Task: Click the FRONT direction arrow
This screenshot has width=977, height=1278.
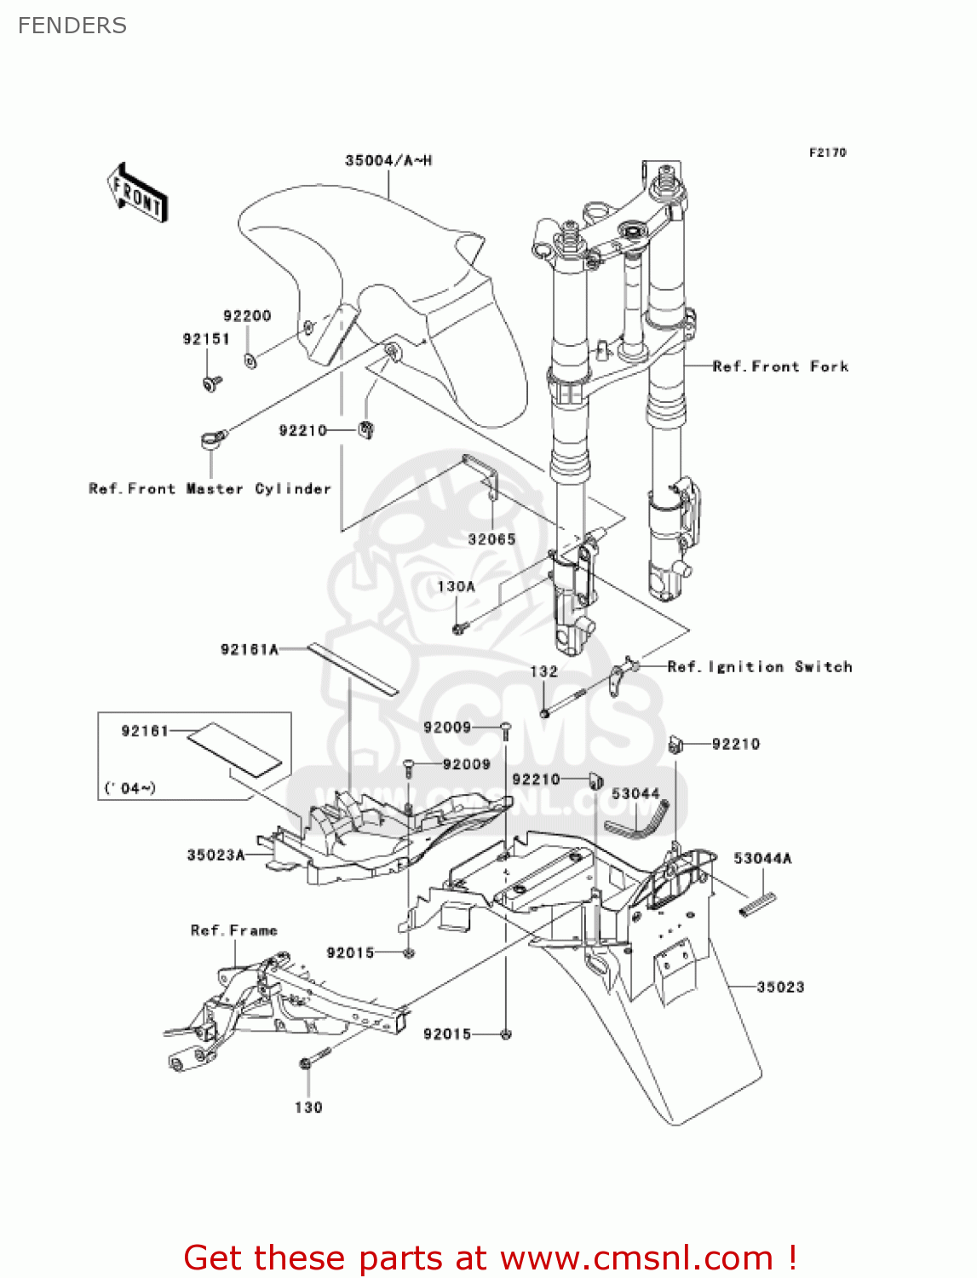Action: [x=137, y=193]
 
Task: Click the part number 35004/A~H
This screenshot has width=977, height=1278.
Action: [x=388, y=160]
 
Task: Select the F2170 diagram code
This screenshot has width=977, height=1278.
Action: [x=827, y=153]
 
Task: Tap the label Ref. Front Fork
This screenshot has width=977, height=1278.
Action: [x=780, y=366]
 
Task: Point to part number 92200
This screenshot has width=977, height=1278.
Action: [x=247, y=316]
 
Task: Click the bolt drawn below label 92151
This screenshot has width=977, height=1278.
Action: [x=211, y=383]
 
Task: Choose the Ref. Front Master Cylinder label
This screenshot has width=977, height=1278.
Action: [x=210, y=489]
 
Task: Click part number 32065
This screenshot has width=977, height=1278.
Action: [x=491, y=539]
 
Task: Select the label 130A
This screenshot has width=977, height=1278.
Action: [x=456, y=587]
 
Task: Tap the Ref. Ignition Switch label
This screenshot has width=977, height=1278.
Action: [x=760, y=667]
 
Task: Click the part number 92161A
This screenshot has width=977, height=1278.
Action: [x=250, y=650]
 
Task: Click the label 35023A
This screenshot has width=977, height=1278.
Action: [x=216, y=855]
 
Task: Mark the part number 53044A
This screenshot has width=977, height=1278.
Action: [x=762, y=859]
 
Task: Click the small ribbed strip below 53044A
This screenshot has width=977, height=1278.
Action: [x=757, y=903]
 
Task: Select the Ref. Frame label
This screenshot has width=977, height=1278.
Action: [x=233, y=930]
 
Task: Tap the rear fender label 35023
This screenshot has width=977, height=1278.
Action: [x=780, y=987]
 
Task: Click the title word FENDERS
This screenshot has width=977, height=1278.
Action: [x=72, y=26]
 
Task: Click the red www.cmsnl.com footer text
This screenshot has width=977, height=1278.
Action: [x=636, y=1258]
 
